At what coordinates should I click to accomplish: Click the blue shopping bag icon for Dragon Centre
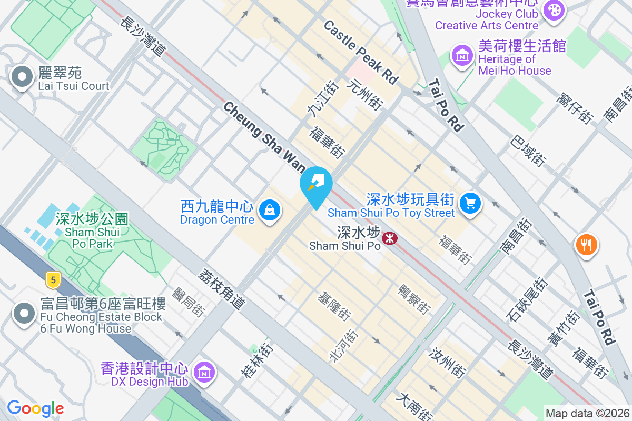coord(270,211)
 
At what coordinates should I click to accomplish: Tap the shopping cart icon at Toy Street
coord(470,203)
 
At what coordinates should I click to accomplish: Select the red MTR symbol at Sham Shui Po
coord(389,238)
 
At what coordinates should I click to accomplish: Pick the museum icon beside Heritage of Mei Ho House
coord(462,55)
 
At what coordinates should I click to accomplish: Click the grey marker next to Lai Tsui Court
coord(22,77)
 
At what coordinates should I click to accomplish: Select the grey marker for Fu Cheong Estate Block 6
coord(24,313)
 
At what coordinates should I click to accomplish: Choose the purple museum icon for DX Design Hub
coord(204,372)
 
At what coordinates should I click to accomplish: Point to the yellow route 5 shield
coord(52,279)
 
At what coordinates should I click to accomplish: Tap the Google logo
coord(35,408)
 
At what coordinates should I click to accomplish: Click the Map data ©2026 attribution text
coord(587,413)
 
